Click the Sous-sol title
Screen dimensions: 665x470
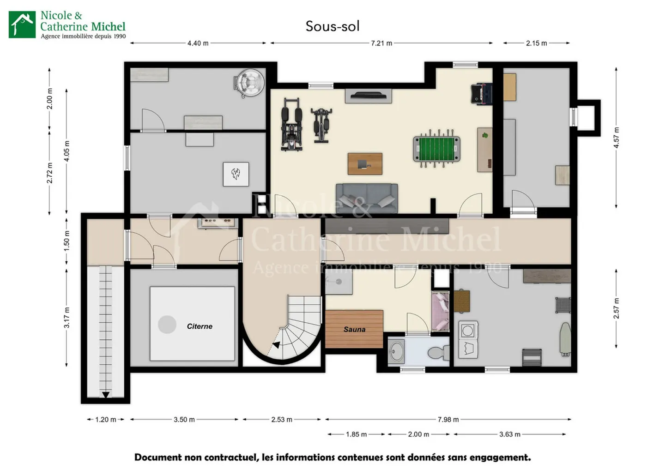pyautogui.click(x=332, y=26)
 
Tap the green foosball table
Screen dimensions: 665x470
pyautogui.click(x=437, y=149)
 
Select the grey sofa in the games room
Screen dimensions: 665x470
pyautogui.click(x=367, y=198)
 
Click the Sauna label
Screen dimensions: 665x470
pyautogui.click(x=354, y=329)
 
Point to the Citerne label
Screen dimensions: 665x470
pyautogui.click(x=199, y=326)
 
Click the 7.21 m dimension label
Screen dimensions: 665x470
pyautogui.click(x=381, y=43)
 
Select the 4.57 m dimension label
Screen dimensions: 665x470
pyautogui.click(x=617, y=138)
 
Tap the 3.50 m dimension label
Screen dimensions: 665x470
pyautogui.click(x=184, y=420)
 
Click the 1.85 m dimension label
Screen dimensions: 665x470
pyautogui.click(x=356, y=434)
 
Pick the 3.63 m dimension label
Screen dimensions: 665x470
pyautogui.click(x=510, y=434)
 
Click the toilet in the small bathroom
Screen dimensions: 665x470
pyautogui.click(x=439, y=353)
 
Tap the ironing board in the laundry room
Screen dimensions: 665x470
pyautogui.click(x=566, y=339)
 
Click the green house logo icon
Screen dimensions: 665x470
pyautogui.click(x=22, y=24)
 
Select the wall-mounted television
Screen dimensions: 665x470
pyautogui.click(x=368, y=96)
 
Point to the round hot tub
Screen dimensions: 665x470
pyautogui.click(x=249, y=83)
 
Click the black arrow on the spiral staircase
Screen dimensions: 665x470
pyautogui.click(x=276, y=345)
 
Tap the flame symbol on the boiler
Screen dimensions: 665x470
pyautogui.click(x=236, y=174)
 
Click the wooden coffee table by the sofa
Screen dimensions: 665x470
pyautogui.click(x=365, y=164)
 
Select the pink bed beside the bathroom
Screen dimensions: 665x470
pyautogui.click(x=440, y=311)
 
